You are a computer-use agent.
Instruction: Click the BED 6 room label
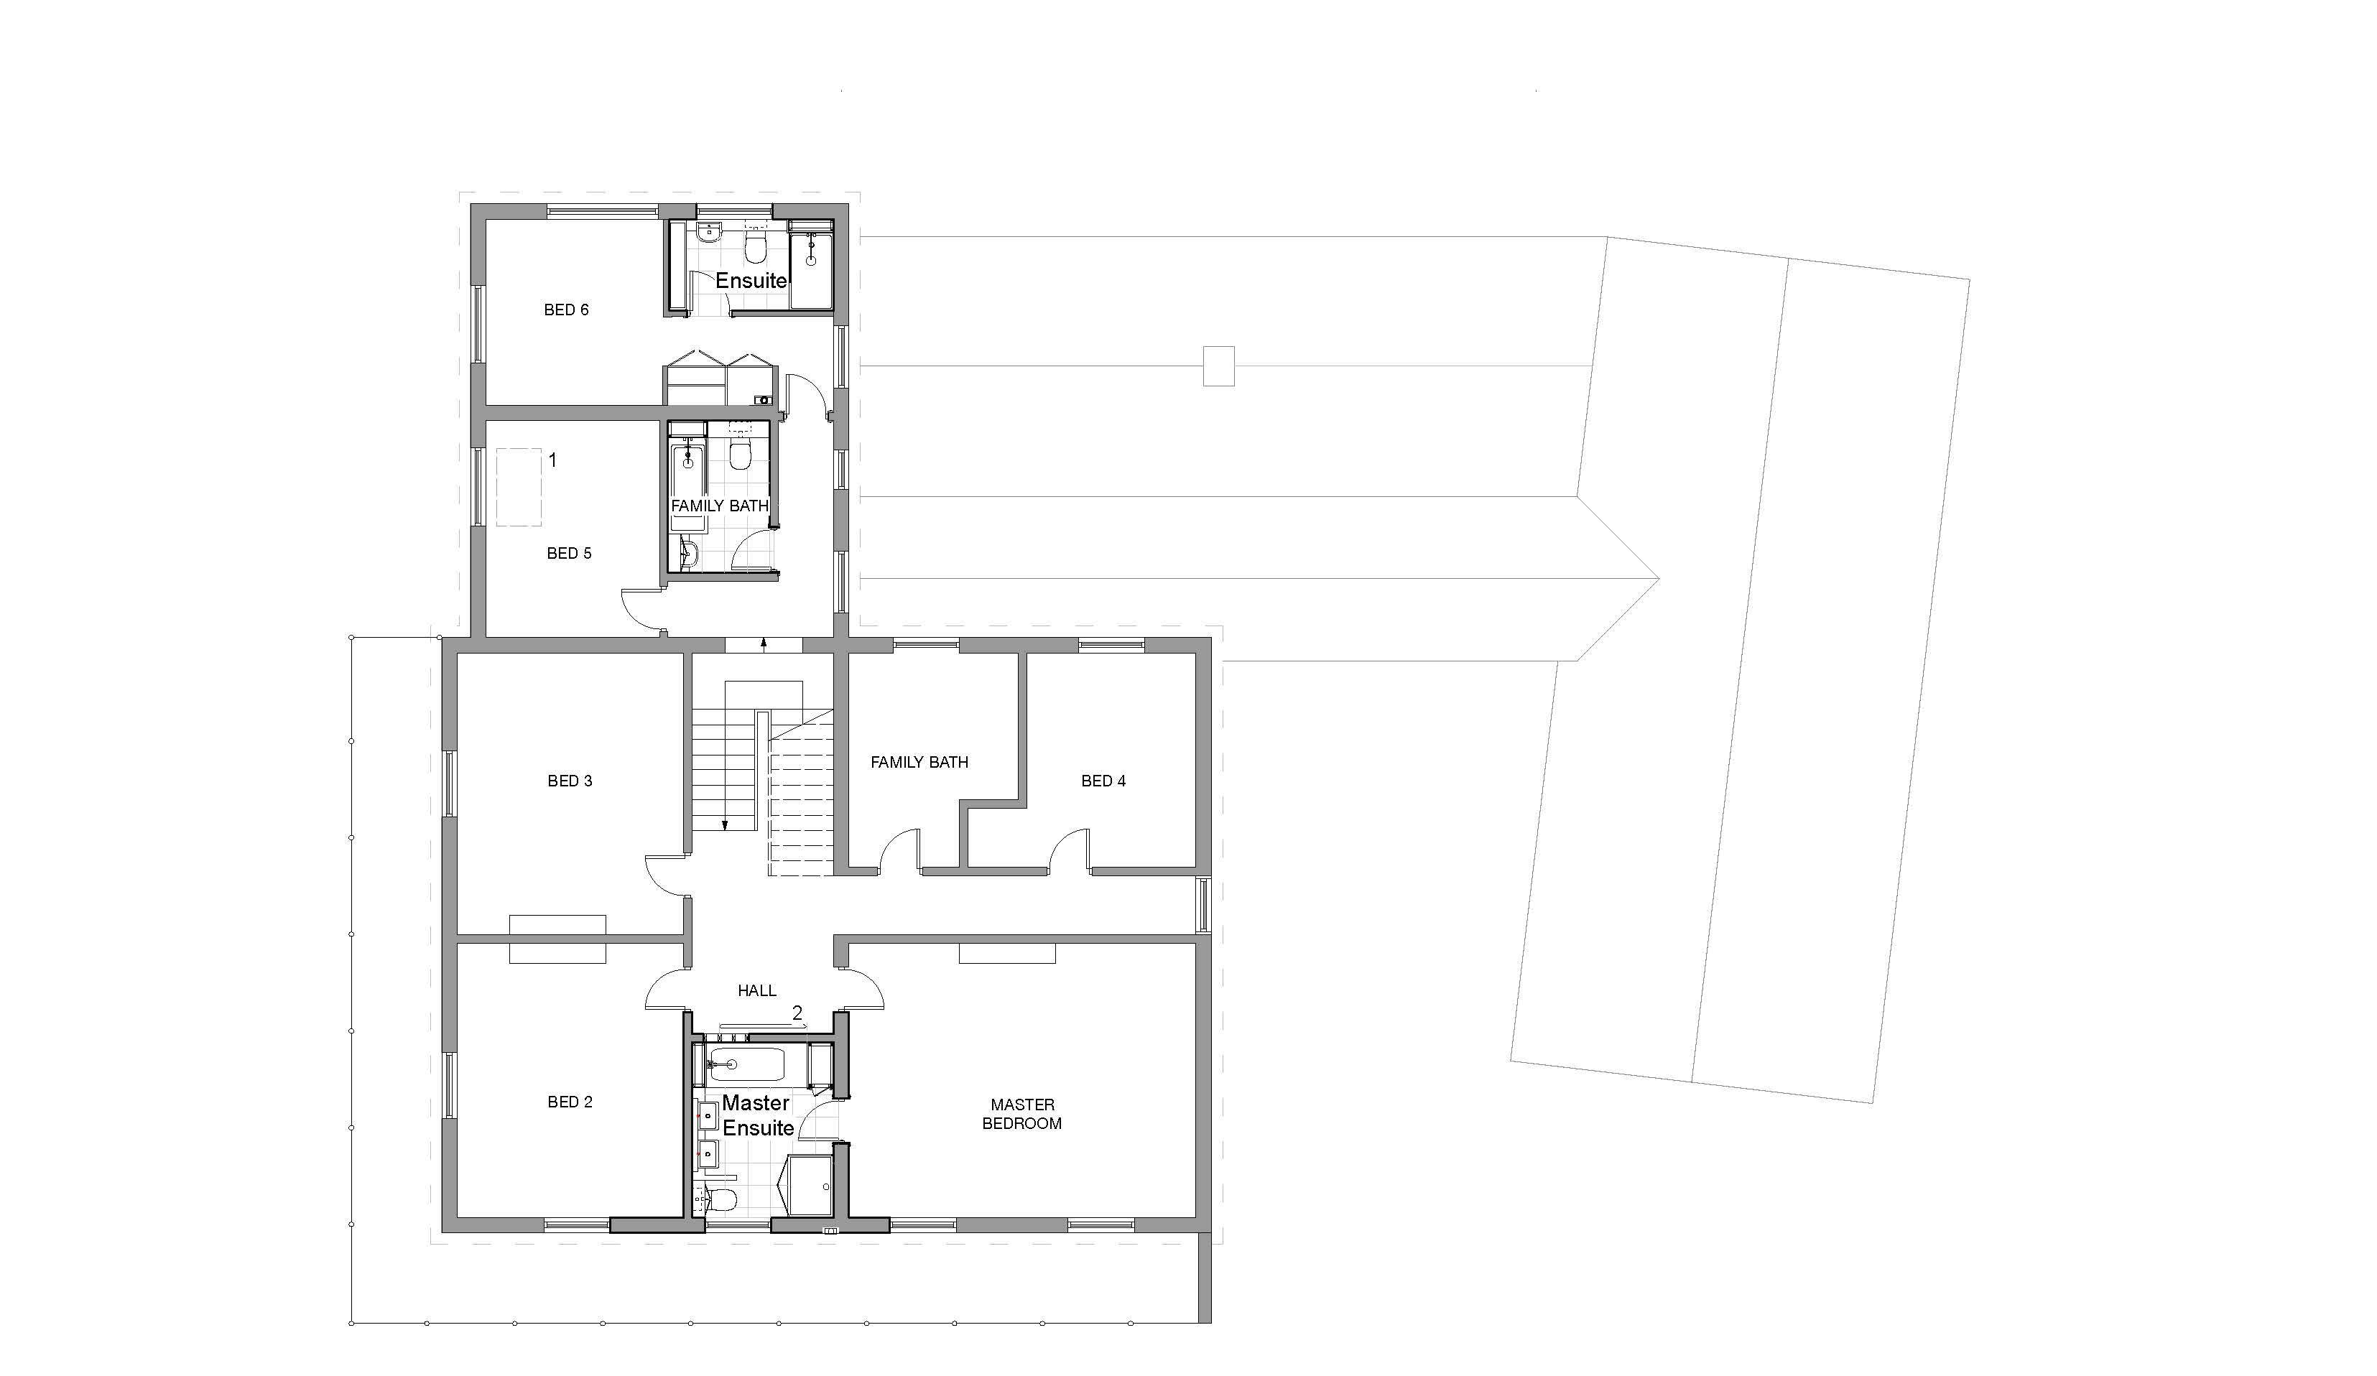pyautogui.click(x=566, y=310)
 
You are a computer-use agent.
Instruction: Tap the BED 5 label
pyautogui.click(x=569, y=553)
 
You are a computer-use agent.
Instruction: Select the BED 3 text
pyautogui.click(x=570, y=780)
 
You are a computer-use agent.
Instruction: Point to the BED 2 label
pyautogui.click(x=570, y=1101)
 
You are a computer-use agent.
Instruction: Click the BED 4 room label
pyautogui.click(x=1103, y=780)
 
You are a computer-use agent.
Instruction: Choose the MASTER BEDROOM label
pyautogui.click(x=1021, y=1113)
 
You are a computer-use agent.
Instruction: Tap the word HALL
pyautogui.click(x=756, y=990)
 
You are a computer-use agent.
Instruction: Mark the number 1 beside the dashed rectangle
pyautogui.click(x=552, y=460)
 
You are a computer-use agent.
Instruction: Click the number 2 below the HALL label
pyautogui.click(x=797, y=1012)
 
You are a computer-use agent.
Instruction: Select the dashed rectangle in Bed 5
pyautogui.click(x=519, y=487)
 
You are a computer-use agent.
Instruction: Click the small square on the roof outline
pyautogui.click(x=1219, y=366)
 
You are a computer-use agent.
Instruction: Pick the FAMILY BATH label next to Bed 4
pyautogui.click(x=919, y=761)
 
